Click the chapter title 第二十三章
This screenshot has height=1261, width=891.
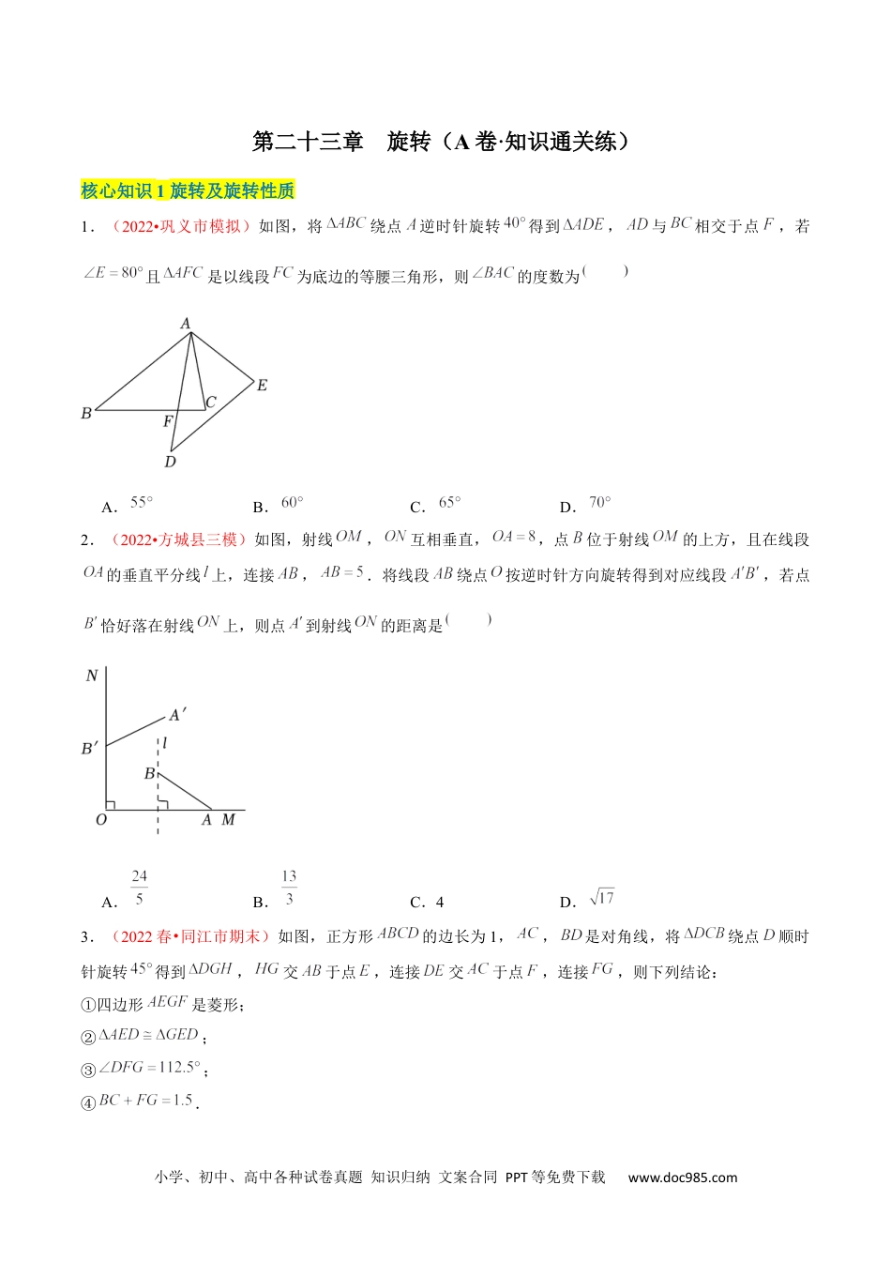pyautogui.click(x=308, y=142)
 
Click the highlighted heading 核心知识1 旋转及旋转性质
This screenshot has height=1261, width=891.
pyautogui.click(x=188, y=190)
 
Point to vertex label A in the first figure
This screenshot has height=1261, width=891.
pyautogui.click(x=186, y=324)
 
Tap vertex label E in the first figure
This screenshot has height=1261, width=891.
pyautogui.click(x=262, y=385)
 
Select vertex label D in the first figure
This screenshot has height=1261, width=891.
pyautogui.click(x=170, y=462)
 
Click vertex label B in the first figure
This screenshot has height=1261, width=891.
pyautogui.click(x=86, y=413)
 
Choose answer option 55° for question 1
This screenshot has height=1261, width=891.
pyautogui.click(x=141, y=503)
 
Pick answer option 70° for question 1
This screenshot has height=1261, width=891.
pyautogui.click(x=599, y=503)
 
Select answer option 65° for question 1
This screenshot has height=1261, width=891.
pyautogui.click(x=449, y=503)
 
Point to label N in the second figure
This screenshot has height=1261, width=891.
pyautogui.click(x=92, y=676)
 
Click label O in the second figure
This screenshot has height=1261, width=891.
pyautogui.click(x=101, y=820)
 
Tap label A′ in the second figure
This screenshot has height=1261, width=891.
pyautogui.click(x=176, y=716)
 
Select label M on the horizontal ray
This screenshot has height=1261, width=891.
pyautogui.click(x=228, y=820)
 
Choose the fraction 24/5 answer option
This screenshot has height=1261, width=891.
pyautogui.click(x=139, y=887)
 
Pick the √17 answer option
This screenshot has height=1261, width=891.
pyautogui.click(x=601, y=898)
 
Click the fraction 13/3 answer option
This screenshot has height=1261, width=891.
pyautogui.click(x=289, y=887)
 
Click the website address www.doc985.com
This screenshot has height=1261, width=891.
pyautogui.click(x=682, y=1177)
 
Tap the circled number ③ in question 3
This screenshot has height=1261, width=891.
pyautogui.click(x=88, y=1070)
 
